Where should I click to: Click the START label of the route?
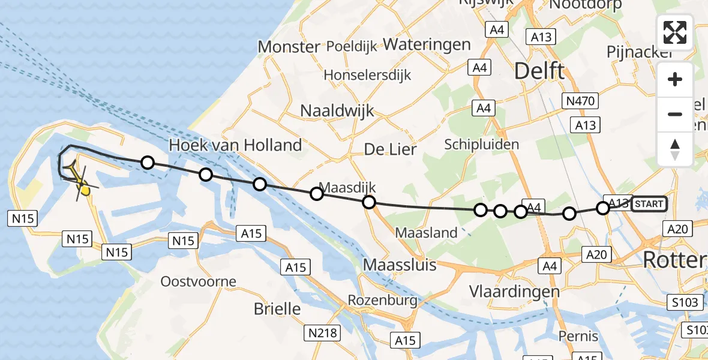coord(649,204)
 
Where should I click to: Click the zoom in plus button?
coord(675,79)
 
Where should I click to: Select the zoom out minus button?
coord(675,114)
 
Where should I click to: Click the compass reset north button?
coord(675,149)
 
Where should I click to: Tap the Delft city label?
coord(539,71)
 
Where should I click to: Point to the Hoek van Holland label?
coord(235,145)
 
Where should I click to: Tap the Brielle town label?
coord(277,309)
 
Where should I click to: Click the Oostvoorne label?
coord(199,281)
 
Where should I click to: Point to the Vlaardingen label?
coord(514,292)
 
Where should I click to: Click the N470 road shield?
coord(580,100)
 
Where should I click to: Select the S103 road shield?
coord(684,302)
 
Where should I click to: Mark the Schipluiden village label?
coord(481,145)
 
